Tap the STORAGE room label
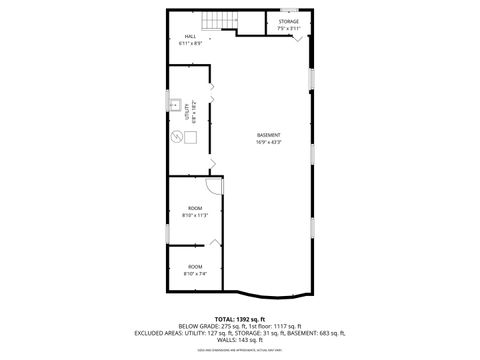[x=288, y=21]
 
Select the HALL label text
[x=189, y=37]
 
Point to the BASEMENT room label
[x=268, y=135]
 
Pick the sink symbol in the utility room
[x=176, y=105]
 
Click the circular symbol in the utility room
[x=176, y=139]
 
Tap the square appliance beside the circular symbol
[x=191, y=139]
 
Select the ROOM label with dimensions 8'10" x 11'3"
[x=194, y=208]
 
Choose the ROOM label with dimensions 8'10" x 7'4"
[x=194, y=266]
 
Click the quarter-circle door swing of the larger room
[x=213, y=186]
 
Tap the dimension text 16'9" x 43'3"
[x=268, y=142]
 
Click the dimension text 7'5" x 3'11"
[x=288, y=28]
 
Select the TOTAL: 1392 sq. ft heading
[x=239, y=318]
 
